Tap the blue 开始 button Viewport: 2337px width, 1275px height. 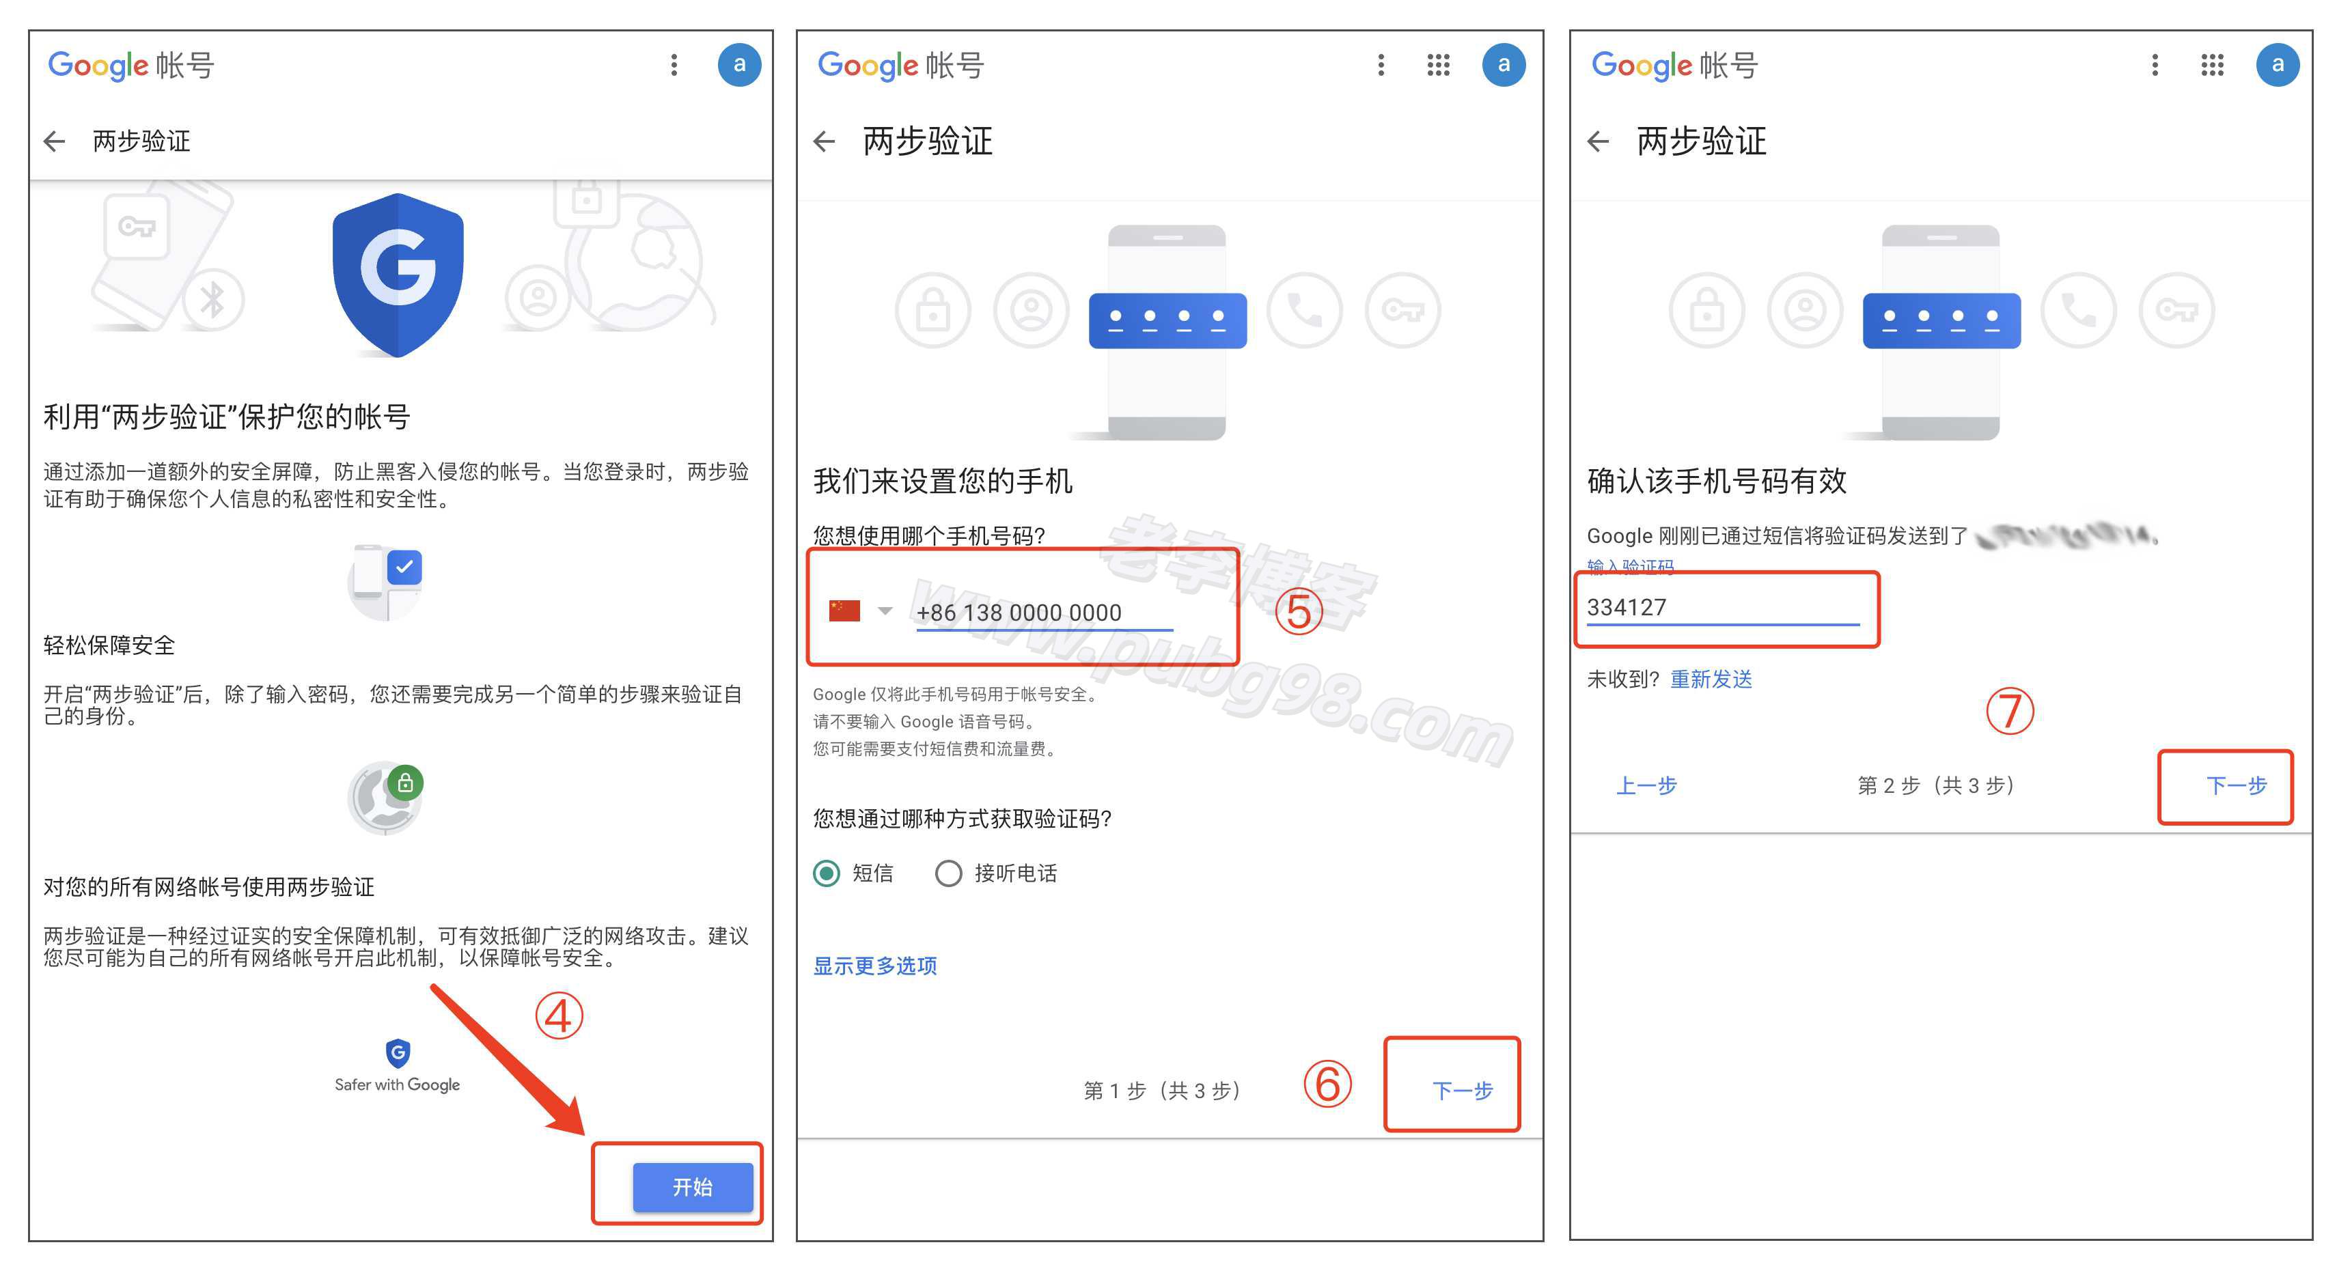(692, 1187)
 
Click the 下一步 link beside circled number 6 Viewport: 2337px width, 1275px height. (1461, 1090)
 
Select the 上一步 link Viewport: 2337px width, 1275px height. (1646, 785)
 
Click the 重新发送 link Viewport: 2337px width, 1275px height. (1711, 679)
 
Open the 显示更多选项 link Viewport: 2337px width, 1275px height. (874, 966)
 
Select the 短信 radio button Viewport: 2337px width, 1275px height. (827, 873)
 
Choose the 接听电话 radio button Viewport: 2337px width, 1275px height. (948, 873)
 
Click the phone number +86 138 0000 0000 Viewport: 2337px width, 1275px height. (1019, 613)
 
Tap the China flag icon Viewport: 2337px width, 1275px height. (844, 611)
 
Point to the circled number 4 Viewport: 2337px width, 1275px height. (558, 1015)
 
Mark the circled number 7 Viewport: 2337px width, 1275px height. (2010, 711)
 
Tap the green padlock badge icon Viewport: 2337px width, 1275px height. (406, 782)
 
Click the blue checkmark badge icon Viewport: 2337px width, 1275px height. (404, 567)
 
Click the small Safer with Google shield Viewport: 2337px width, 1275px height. (398, 1053)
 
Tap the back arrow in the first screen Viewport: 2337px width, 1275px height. (55, 141)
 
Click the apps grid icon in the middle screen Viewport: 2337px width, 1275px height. (1438, 64)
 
